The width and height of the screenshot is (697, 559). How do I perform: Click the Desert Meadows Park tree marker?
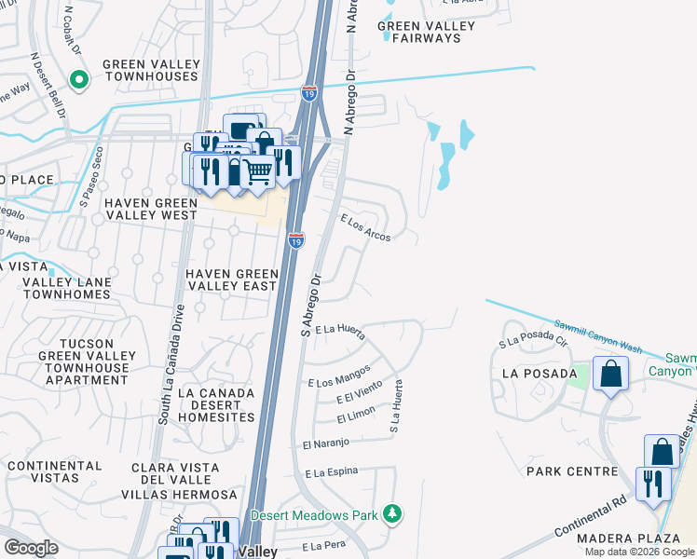point(393,514)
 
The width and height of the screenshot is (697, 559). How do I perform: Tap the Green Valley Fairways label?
point(426,32)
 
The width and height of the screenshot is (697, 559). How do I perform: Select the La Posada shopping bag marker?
point(610,375)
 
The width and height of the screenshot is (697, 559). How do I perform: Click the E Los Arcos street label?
point(365,227)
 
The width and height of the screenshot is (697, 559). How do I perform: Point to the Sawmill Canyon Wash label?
point(595,334)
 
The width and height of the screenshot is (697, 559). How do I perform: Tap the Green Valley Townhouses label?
point(152,71)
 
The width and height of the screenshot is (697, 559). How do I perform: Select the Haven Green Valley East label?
point(232,279)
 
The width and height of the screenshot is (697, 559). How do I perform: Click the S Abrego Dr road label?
point(309,305)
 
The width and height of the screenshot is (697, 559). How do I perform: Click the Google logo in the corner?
point(30,548)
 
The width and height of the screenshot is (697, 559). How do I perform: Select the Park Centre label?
point(572,471)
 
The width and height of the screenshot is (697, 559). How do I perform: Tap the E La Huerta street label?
point(339,330)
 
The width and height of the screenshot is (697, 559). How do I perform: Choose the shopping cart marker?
point(258,170)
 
